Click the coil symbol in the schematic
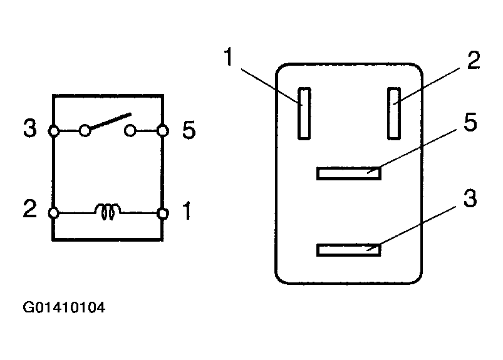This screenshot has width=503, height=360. click(x=106, y=212)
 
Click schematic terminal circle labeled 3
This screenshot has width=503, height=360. click(x=54, y=131)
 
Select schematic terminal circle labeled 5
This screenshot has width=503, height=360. click(x=163, y=131)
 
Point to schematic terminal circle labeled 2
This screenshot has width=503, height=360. click(x=54, y=213)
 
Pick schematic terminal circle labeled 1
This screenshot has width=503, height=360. click(x=163, y=213)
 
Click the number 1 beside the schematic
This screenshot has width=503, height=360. click(x=187, y=212)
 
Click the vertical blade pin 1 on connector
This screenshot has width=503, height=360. click(x=304, y=113)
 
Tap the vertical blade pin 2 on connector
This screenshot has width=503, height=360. click(x=394, y=113)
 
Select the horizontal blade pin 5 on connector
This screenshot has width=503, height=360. click(x=349, y=173)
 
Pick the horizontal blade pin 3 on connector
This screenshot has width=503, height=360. click(x=349, y=250)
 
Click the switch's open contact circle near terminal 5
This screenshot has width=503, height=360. click(x=131, y=131)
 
